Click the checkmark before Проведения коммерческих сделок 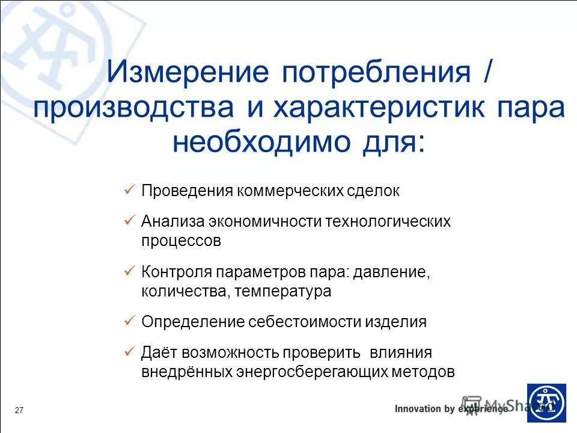click(x=128, y=190)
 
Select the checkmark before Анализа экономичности click(x=128, y=221)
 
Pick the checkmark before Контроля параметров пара click(x=128, y=271)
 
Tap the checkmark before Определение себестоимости click(x=128, y=321)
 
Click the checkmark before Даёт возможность click(x=128, y=351)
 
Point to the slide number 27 click(x=19, y=410)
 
